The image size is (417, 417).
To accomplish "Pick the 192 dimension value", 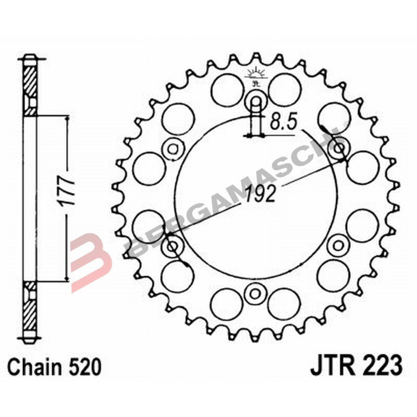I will tap(259, 194).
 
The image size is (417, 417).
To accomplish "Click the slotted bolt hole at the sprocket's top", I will tap(255, 101).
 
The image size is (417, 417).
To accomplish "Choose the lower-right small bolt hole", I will tap(339, 244).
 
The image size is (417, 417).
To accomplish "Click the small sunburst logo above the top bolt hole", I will tap(255, 73).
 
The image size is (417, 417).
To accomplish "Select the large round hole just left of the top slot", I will tap(226, 87).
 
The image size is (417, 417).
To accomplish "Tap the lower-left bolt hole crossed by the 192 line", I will tap(172, 245).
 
